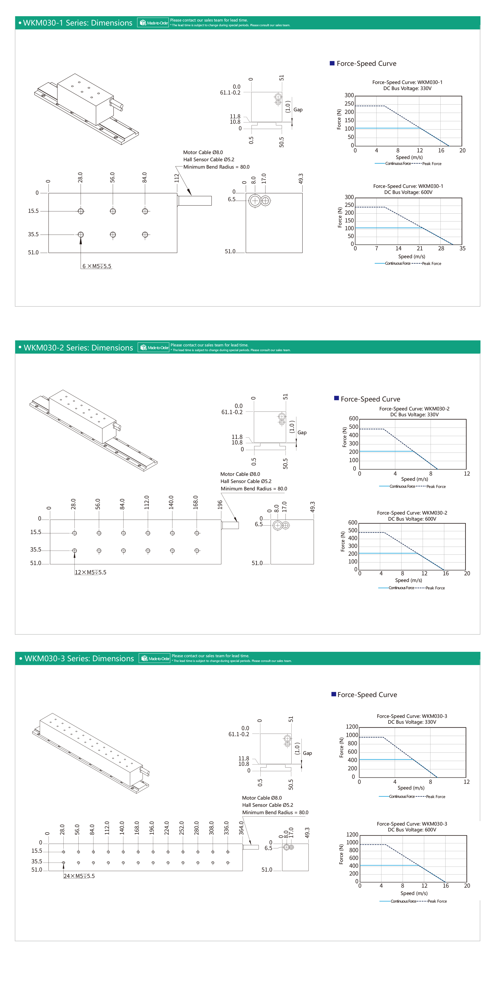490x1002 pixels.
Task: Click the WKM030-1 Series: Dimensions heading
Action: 77,23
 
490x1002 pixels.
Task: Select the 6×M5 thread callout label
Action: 97,266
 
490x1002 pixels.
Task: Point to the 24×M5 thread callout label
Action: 79,876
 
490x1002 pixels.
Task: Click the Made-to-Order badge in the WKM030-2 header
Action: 154,348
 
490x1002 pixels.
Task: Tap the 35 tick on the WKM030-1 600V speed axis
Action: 462,249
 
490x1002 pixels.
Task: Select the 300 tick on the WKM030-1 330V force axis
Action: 349,95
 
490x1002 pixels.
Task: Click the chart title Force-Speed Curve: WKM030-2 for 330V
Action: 414,409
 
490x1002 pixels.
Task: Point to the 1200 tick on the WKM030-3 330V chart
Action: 352,727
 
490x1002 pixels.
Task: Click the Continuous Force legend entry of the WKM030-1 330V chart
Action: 398,164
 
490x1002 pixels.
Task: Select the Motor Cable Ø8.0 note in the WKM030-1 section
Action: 203,152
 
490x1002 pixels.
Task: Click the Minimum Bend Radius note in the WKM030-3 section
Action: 275,813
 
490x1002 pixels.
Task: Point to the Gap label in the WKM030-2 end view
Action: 302,433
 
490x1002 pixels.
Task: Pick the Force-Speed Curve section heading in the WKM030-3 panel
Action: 367,695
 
